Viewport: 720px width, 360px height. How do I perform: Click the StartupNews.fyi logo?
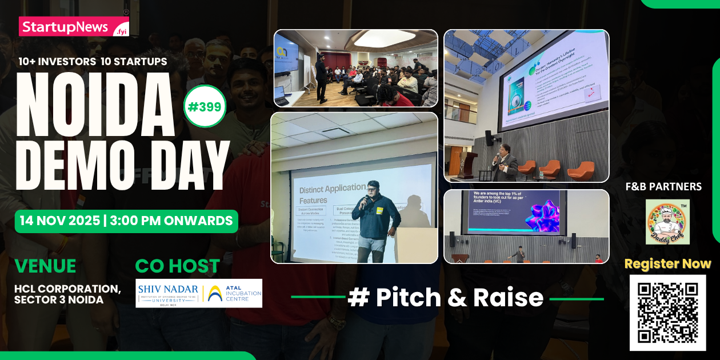tap(74, 26)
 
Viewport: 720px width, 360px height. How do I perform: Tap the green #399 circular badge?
tap(205, 106)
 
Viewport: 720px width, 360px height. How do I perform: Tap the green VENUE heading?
tap(45, 266)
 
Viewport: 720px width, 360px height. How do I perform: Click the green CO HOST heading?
tap(177, 266)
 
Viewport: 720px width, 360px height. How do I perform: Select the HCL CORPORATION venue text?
tap(67, 289)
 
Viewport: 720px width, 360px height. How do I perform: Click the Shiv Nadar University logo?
tap(168, 293)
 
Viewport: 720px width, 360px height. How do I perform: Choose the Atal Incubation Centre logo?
tap(234, 293)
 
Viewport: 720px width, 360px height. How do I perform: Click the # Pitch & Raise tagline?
tap(446, 298)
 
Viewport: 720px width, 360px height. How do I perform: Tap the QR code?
tap(667, 312)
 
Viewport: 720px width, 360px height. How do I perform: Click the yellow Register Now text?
tap(667, 264)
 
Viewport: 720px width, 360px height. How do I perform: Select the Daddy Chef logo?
tap(667, 222)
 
